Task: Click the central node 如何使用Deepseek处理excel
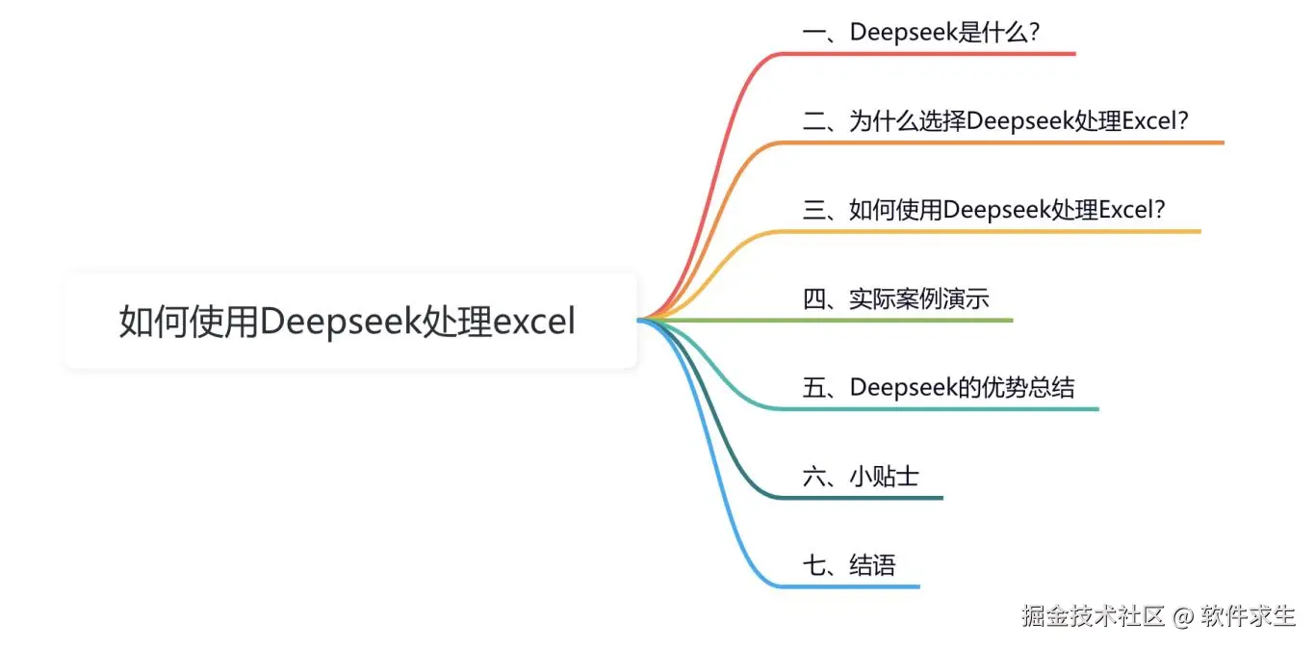pos(349,321)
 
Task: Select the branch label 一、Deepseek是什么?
pos(921,32)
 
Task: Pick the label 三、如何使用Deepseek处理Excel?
pos(984,210)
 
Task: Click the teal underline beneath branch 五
pos(963,409)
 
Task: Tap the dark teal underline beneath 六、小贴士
pos(876,498)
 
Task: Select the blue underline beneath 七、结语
pos(857,586)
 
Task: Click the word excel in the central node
pos(534,321)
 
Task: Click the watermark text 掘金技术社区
pos(1094,616)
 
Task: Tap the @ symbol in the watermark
pos(1182,616)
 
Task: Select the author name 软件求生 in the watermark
pos(1249,616)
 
